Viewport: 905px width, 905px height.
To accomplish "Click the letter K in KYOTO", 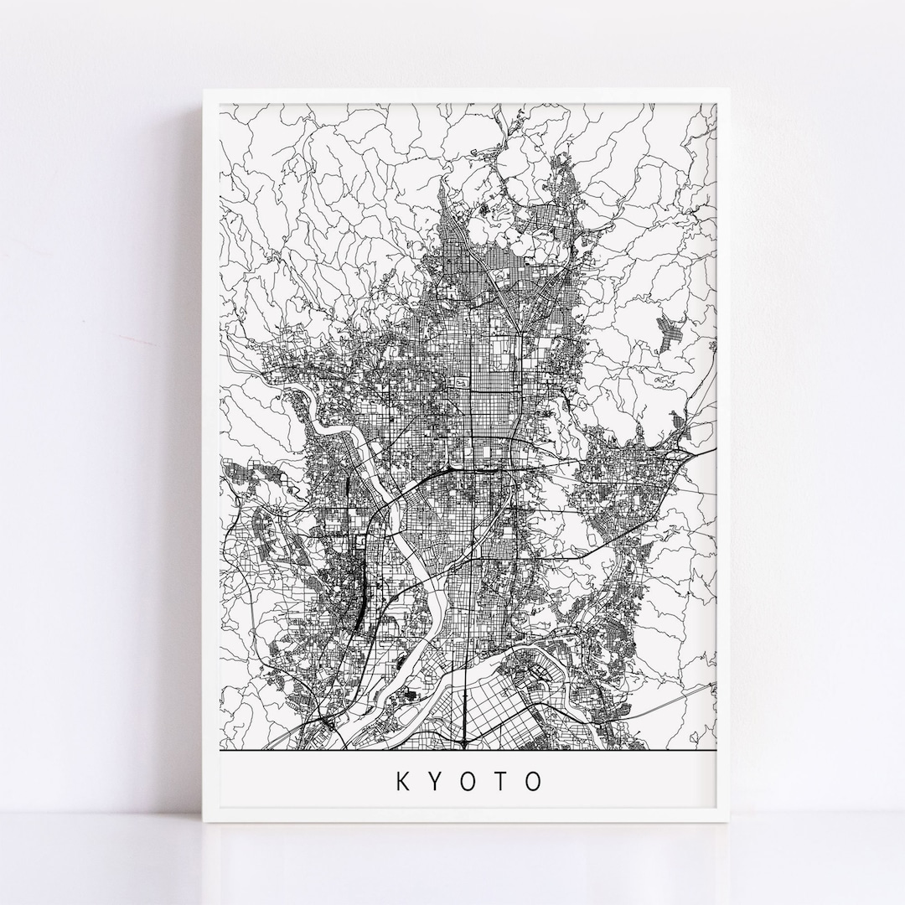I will coord(402,782).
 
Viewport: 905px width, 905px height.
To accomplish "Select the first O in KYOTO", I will coord(468,782).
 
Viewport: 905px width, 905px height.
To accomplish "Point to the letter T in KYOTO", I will coord(500,782).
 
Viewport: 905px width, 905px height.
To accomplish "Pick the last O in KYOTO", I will coord(534,782).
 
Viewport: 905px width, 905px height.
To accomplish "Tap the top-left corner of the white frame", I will coord(204,90).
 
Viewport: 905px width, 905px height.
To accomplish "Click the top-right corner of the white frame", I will coord(728,90).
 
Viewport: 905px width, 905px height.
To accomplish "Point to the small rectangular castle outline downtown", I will coord(459,382).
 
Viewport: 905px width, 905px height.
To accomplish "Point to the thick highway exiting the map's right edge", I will coord(704,452).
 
